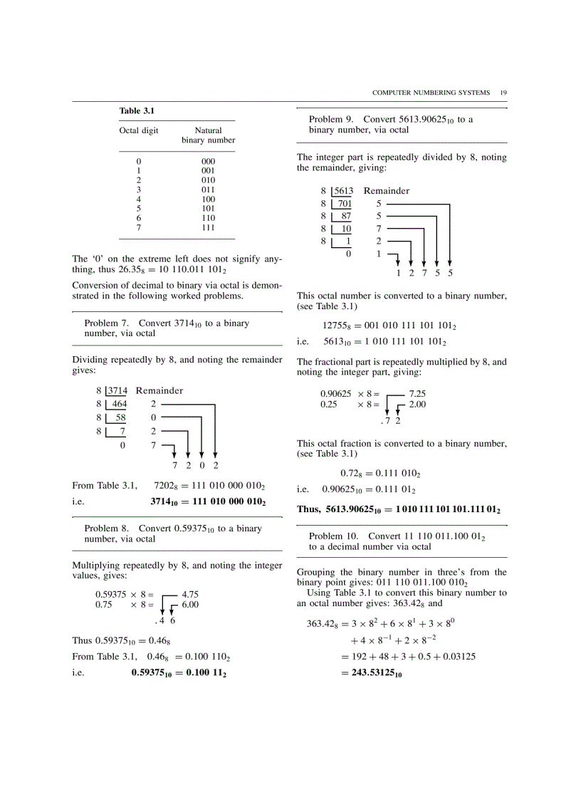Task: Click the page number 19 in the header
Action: point(503,93)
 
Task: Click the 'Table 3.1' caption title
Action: point(137,111)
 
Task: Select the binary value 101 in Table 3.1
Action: point(208,209)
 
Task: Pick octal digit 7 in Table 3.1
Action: point(139,227)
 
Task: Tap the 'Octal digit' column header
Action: point(139,130)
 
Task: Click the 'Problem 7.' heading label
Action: point(108,323)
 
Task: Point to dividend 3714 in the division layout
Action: point(117,390)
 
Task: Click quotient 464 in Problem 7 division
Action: point(119,404)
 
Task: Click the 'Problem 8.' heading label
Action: point(108,529)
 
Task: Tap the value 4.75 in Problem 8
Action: point(190,593)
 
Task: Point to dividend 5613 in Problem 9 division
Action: point(343,191)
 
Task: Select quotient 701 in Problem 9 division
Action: point(345,204)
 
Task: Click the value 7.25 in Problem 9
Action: point(417,393)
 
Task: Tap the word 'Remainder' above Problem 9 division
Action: point(386,191)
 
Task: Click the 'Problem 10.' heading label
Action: point(335,536)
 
